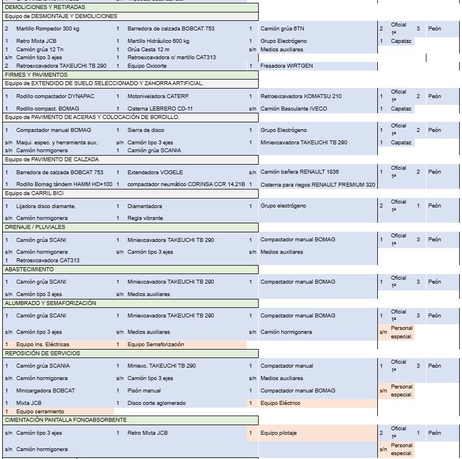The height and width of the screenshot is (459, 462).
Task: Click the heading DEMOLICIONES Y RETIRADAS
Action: click(45, 7)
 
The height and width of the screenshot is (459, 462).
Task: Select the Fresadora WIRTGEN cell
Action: click(286, 66)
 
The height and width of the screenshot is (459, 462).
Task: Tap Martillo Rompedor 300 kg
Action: click(47, 29)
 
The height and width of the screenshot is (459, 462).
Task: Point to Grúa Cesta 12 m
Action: click(148, 50)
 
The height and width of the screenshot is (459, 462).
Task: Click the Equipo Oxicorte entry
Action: click(147, 66)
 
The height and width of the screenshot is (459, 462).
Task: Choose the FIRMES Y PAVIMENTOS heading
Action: click(36, 74)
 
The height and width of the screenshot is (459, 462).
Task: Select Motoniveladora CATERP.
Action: click(156, 96)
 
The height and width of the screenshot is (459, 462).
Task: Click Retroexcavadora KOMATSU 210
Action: click(300, 96)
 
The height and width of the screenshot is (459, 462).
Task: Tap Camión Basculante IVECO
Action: click(293, 109)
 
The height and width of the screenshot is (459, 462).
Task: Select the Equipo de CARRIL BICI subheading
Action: click(34, 193)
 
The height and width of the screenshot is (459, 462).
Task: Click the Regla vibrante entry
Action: click(145, 218)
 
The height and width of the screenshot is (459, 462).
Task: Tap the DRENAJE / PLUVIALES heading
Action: click(35, 227)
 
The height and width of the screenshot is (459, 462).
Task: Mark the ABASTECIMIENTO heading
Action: click(29, 270)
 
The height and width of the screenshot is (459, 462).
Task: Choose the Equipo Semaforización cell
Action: click(155, 345)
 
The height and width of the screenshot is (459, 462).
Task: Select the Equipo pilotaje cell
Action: click(278, 433)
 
